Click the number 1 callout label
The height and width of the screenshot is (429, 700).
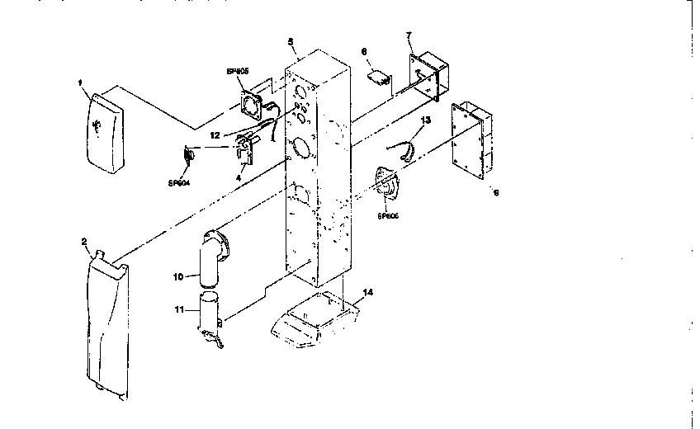(79, 82)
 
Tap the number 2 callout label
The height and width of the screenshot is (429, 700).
(84, 242)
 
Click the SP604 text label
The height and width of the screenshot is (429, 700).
(178, 182)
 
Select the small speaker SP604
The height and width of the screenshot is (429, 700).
(190, 153)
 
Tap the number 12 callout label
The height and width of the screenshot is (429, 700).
(214, 134)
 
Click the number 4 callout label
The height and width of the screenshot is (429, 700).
(239, 176)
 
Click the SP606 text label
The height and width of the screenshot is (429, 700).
(388, 217)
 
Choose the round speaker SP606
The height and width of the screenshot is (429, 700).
(386, 186)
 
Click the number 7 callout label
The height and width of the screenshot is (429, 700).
(409, 35)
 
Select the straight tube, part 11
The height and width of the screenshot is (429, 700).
(210, 315)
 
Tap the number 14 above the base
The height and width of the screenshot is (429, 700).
(367, 292)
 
